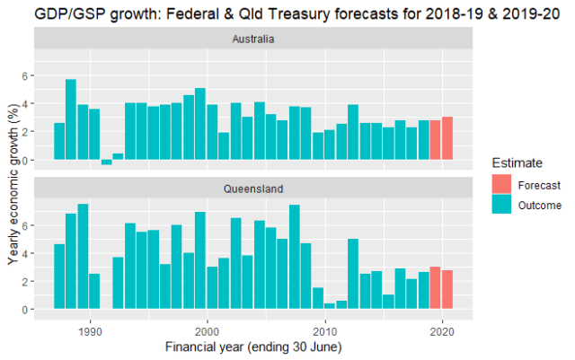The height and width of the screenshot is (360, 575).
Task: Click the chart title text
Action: [287, 13]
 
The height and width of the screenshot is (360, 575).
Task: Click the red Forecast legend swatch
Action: [502, 185]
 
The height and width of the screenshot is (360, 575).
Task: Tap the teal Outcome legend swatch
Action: [502, 205]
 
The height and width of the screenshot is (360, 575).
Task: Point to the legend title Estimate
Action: [517, 163]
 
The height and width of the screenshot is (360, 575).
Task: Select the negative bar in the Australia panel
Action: [106, 162]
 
